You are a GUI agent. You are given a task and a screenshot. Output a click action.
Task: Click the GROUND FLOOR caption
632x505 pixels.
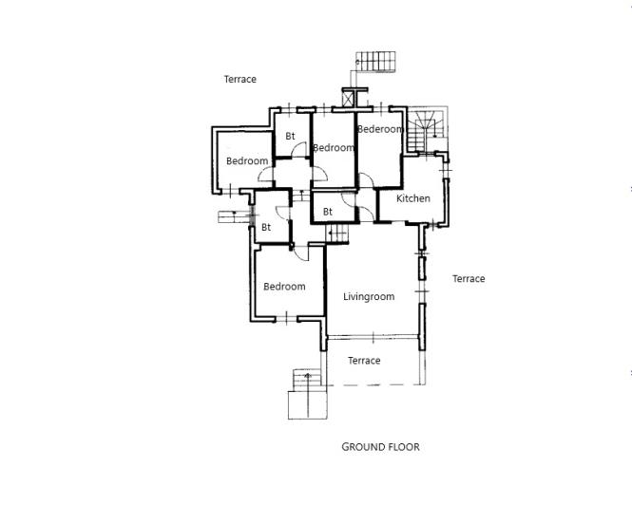[x=380, y=446]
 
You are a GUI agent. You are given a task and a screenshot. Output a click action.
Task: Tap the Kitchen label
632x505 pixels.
[x=413, y=198]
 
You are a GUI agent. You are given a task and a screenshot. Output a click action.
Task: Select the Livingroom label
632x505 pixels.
[x=369, y=297]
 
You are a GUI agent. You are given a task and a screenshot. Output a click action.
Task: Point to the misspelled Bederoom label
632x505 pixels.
[x=380, y=129]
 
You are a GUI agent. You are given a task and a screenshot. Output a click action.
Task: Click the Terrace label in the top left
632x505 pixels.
[x=240, y=80]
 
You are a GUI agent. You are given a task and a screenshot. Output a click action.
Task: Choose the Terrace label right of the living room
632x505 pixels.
[x=469, y=279]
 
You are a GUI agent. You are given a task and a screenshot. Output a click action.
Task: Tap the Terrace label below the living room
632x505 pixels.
[x=364, y=361]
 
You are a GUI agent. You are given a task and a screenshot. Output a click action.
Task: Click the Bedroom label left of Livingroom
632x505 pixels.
[x=284, y=287]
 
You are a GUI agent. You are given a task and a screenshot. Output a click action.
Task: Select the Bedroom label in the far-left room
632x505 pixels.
[x=247, y=161]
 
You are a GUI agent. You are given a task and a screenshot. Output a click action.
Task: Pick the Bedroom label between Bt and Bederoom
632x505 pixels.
[x=334, y=147]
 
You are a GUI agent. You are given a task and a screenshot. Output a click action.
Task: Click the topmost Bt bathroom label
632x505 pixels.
[x=291, y=137]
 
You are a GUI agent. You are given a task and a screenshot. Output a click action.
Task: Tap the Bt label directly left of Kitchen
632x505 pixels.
[x=328, y=212]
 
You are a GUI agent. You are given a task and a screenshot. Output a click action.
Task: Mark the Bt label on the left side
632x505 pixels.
[x=266, y=228]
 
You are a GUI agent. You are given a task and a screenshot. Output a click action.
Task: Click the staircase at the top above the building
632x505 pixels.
[x=376, y=61]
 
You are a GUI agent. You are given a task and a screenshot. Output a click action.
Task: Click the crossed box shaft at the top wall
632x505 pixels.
[x=351, y=96]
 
